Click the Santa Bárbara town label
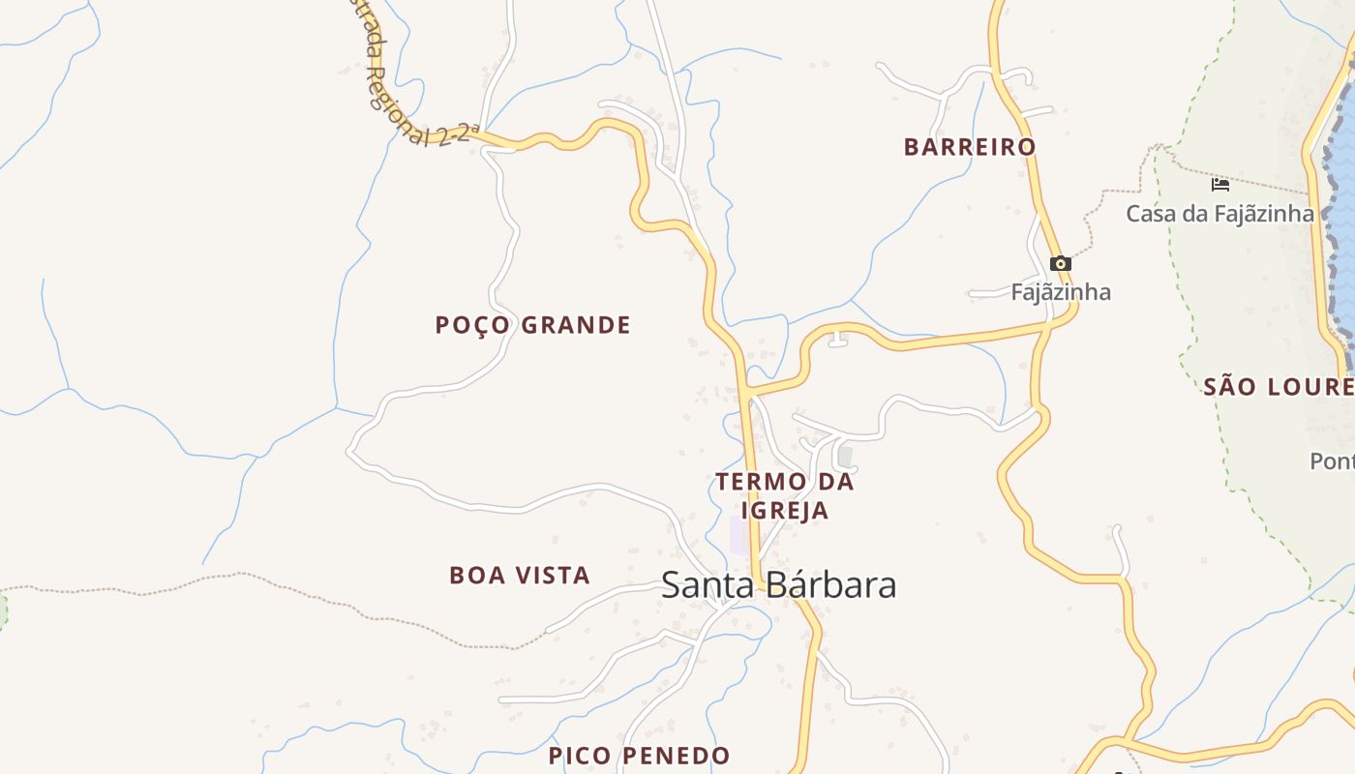point(778,585)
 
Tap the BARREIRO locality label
point(970,147)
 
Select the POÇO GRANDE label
point(532,325)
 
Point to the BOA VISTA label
point(520,576)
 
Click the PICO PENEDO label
point(639,756)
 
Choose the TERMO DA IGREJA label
point(784,495)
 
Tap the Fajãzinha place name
point(1061,292)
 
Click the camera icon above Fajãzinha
point(1061,263)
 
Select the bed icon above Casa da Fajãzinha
point(1220,184)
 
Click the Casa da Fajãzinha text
point(1219,214)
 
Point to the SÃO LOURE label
point(1278,387)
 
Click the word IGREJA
point(784,511)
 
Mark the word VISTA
point(554,576)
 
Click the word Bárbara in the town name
point(831,585)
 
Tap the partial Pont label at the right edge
point(1332,461)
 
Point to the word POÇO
point(472,325)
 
